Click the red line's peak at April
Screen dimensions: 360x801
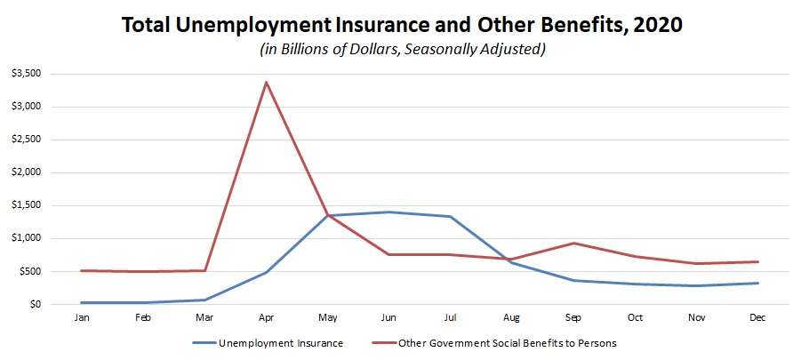(x=266, y=83)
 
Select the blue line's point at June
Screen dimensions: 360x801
(x=388, y=212)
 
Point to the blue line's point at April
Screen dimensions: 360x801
(x=266, y=272)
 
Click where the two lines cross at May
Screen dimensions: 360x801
(x=327, y=215)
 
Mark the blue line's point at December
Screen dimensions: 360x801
(x=757, y=283)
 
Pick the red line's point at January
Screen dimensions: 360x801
(x=82, y=270)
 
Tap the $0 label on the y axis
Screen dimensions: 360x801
(x=33, y=304)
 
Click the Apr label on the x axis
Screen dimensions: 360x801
(x=266, y=316)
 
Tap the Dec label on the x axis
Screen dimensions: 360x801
(x=757, y=316)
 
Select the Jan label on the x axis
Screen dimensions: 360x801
(x=82, y=316)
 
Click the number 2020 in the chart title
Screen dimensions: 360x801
(x=653, y=25)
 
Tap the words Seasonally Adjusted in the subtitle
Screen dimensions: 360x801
(x=477, y=49)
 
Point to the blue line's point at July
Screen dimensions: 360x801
(x=451, y=216)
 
